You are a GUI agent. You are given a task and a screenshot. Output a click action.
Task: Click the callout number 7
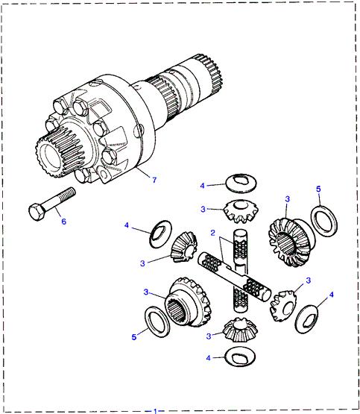(x=155, y=180)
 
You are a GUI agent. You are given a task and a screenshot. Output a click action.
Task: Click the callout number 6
(x=63, y=222)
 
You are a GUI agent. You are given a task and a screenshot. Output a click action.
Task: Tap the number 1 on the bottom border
(x=156, y=410)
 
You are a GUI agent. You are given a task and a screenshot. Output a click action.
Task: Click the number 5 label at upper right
(x=319, y=189)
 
